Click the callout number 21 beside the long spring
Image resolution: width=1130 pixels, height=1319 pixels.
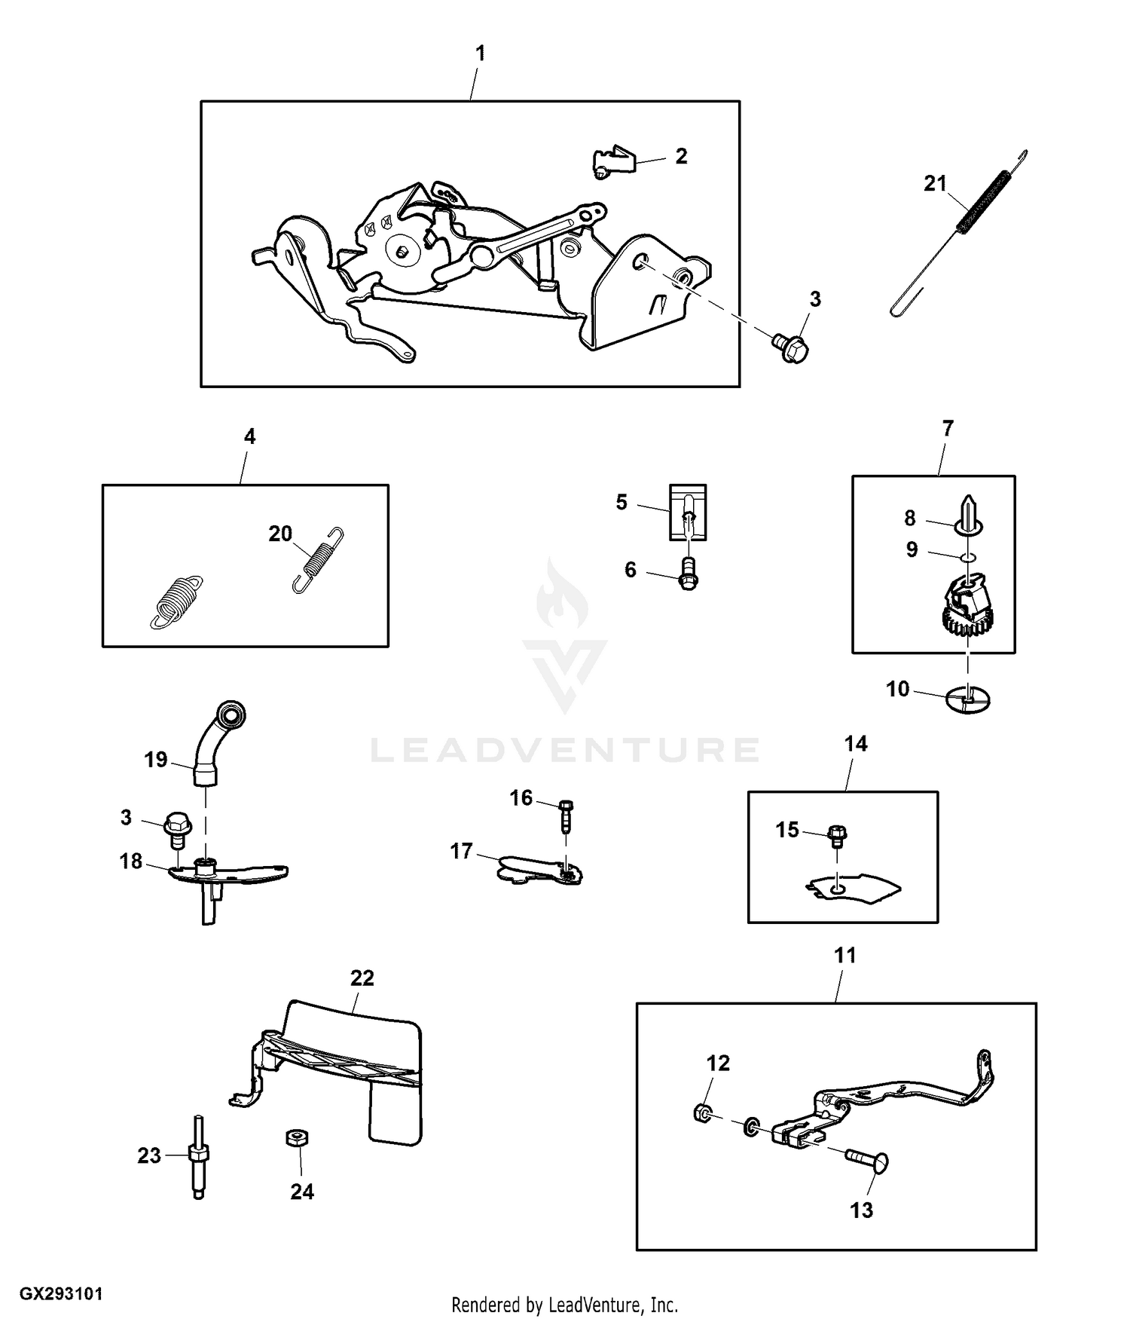935,183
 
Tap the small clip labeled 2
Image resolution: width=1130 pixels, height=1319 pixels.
611,161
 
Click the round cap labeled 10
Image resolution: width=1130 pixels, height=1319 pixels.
968,699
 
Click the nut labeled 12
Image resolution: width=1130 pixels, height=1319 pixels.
700,1112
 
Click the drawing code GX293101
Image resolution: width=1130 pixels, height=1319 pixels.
61,1294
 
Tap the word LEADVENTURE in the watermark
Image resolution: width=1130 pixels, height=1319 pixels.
565,750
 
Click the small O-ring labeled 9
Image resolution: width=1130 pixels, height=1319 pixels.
968,558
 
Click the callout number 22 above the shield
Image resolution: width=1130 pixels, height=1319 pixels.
362,978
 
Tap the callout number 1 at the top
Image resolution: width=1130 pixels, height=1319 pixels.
480,54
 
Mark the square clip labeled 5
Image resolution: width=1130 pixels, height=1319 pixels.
688,513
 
